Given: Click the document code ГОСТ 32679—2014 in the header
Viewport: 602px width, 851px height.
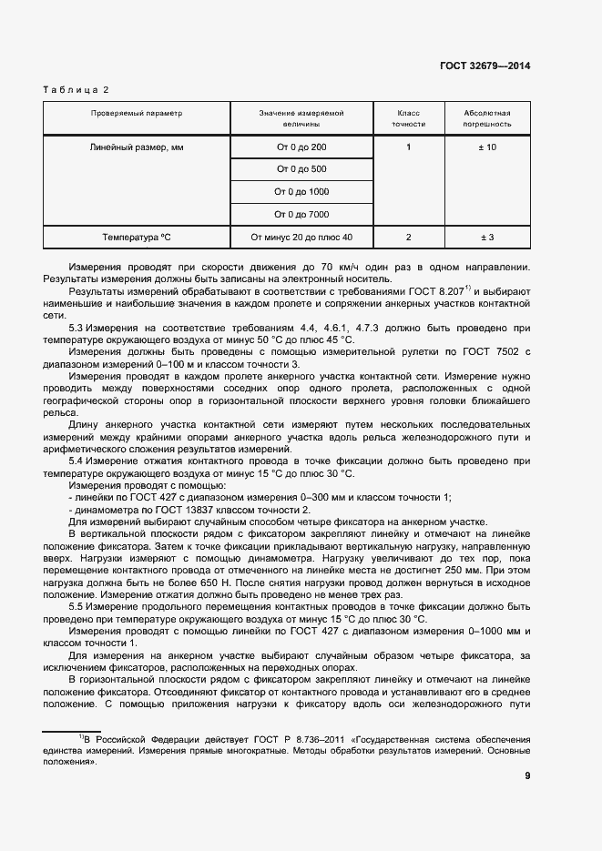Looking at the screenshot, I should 485,66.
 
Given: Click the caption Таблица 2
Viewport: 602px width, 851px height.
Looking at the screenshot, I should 76,90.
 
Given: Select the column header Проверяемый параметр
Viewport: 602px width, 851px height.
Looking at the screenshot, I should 137,114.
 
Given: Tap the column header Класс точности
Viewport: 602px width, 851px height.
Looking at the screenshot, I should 408,118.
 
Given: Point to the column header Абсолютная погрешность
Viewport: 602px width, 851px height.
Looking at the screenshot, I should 487,118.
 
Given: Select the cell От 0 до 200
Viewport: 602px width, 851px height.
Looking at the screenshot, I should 301,147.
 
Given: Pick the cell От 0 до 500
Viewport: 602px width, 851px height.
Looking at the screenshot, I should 301,169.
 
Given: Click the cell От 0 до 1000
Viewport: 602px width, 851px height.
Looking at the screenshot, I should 301,192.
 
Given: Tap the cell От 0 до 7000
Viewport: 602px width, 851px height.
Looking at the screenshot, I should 301,215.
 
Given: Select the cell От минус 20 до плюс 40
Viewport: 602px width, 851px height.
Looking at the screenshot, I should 301,238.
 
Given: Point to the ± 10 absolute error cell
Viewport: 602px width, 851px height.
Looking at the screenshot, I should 487,147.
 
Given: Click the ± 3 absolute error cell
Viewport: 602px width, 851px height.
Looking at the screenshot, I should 487,238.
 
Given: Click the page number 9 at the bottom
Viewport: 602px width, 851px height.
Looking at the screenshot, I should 527,775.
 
